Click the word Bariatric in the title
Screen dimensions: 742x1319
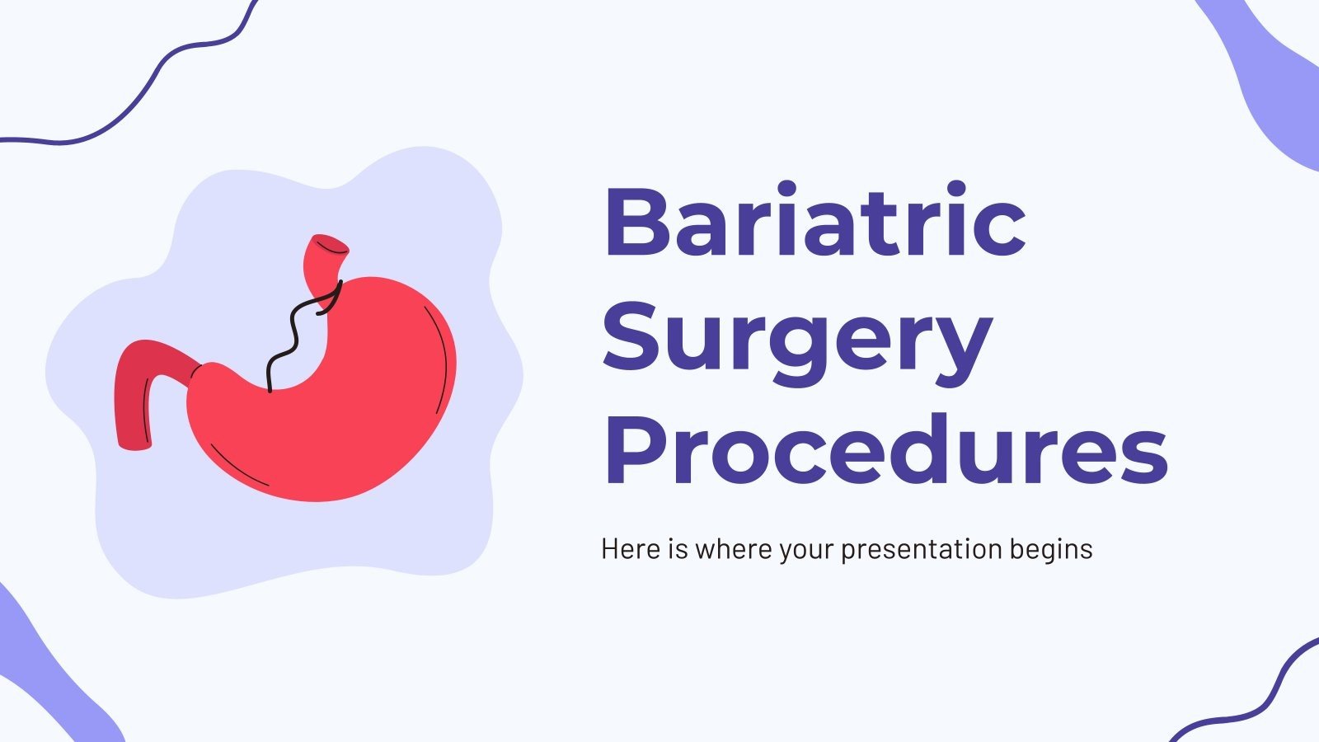(814, 221)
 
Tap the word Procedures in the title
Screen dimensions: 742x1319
(885, 450)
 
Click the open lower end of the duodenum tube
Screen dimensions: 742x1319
(134, 446)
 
